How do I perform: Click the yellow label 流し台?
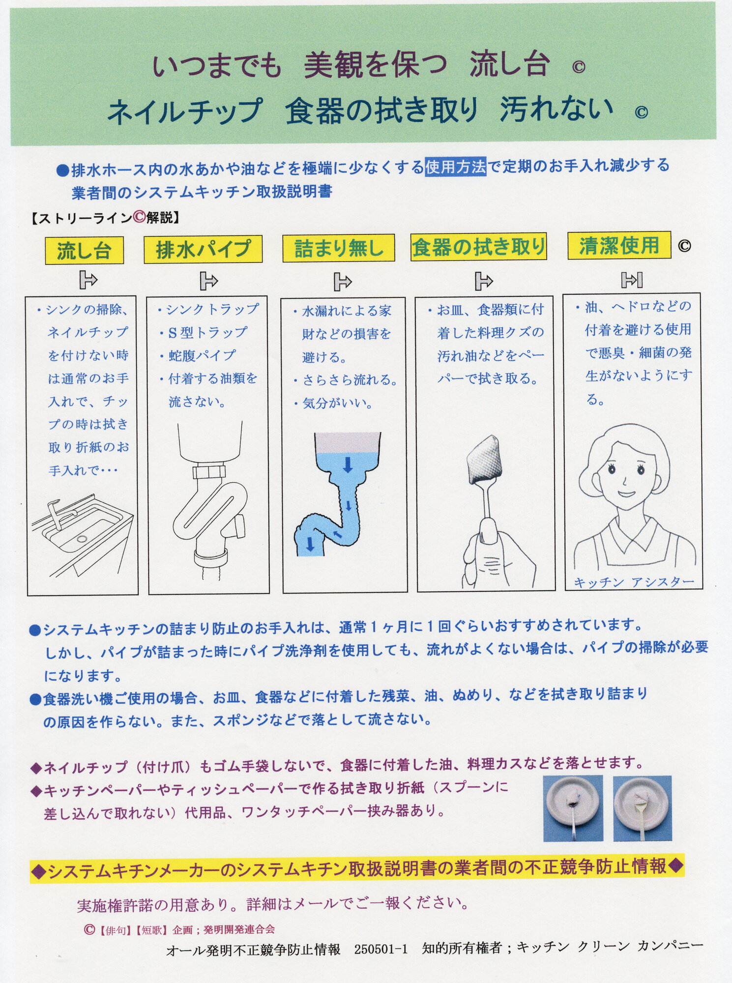84,250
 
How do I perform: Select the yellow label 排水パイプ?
203,249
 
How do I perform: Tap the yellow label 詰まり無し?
339,248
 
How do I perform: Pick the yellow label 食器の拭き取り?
478,247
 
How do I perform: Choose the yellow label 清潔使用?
619,245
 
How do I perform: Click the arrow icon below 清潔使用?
632,280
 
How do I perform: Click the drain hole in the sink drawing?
82,539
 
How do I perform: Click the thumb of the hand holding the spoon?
489,531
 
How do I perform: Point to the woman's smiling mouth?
626,493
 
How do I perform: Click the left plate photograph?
573,809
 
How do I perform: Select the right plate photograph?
643,809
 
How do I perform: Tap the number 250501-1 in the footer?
381,949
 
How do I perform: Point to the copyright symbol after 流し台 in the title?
579,67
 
